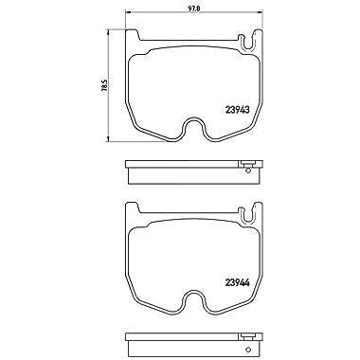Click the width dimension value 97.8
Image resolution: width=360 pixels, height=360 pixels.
(x=193, y=9)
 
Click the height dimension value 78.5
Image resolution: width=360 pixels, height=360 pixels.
(x=105, y=85)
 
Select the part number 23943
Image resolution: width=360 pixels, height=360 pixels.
(x=238, y=110)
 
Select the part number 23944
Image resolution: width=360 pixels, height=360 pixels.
(x=238, y=282)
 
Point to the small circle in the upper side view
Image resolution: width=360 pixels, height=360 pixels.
(x=248, y=171)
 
